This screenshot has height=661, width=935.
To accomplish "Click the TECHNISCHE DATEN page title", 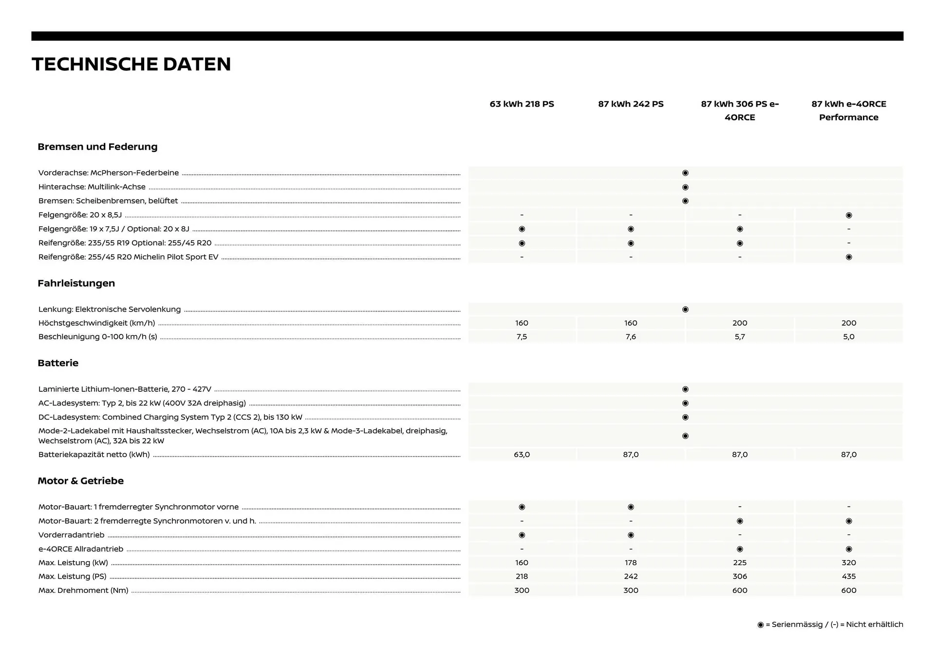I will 131,64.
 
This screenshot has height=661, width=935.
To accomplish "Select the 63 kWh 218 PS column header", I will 522,104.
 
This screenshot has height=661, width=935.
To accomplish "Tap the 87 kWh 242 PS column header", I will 631,104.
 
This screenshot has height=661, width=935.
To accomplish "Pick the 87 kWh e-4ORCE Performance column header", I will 848,110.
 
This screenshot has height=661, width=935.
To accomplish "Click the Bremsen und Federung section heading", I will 97,147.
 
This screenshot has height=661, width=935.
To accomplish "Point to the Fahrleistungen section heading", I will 76,283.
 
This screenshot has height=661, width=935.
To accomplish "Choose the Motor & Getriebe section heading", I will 81,481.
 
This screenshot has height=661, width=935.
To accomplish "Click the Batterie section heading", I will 58,363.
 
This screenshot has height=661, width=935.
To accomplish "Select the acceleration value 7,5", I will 522,337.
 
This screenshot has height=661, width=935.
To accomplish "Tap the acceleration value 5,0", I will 848,337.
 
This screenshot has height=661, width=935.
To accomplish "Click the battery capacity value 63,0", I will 522,455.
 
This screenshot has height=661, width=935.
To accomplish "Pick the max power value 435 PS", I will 848,576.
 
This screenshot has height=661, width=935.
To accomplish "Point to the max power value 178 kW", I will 631,563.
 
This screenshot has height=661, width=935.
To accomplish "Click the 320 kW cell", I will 848,563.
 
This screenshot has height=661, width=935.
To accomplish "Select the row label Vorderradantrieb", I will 72,535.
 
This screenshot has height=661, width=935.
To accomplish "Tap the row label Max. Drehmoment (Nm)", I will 83,590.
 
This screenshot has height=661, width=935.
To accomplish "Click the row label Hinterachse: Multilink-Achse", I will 92,187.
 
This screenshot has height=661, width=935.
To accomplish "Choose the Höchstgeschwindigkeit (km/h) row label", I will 96,323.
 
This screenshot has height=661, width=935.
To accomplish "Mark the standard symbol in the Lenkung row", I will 685,310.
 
